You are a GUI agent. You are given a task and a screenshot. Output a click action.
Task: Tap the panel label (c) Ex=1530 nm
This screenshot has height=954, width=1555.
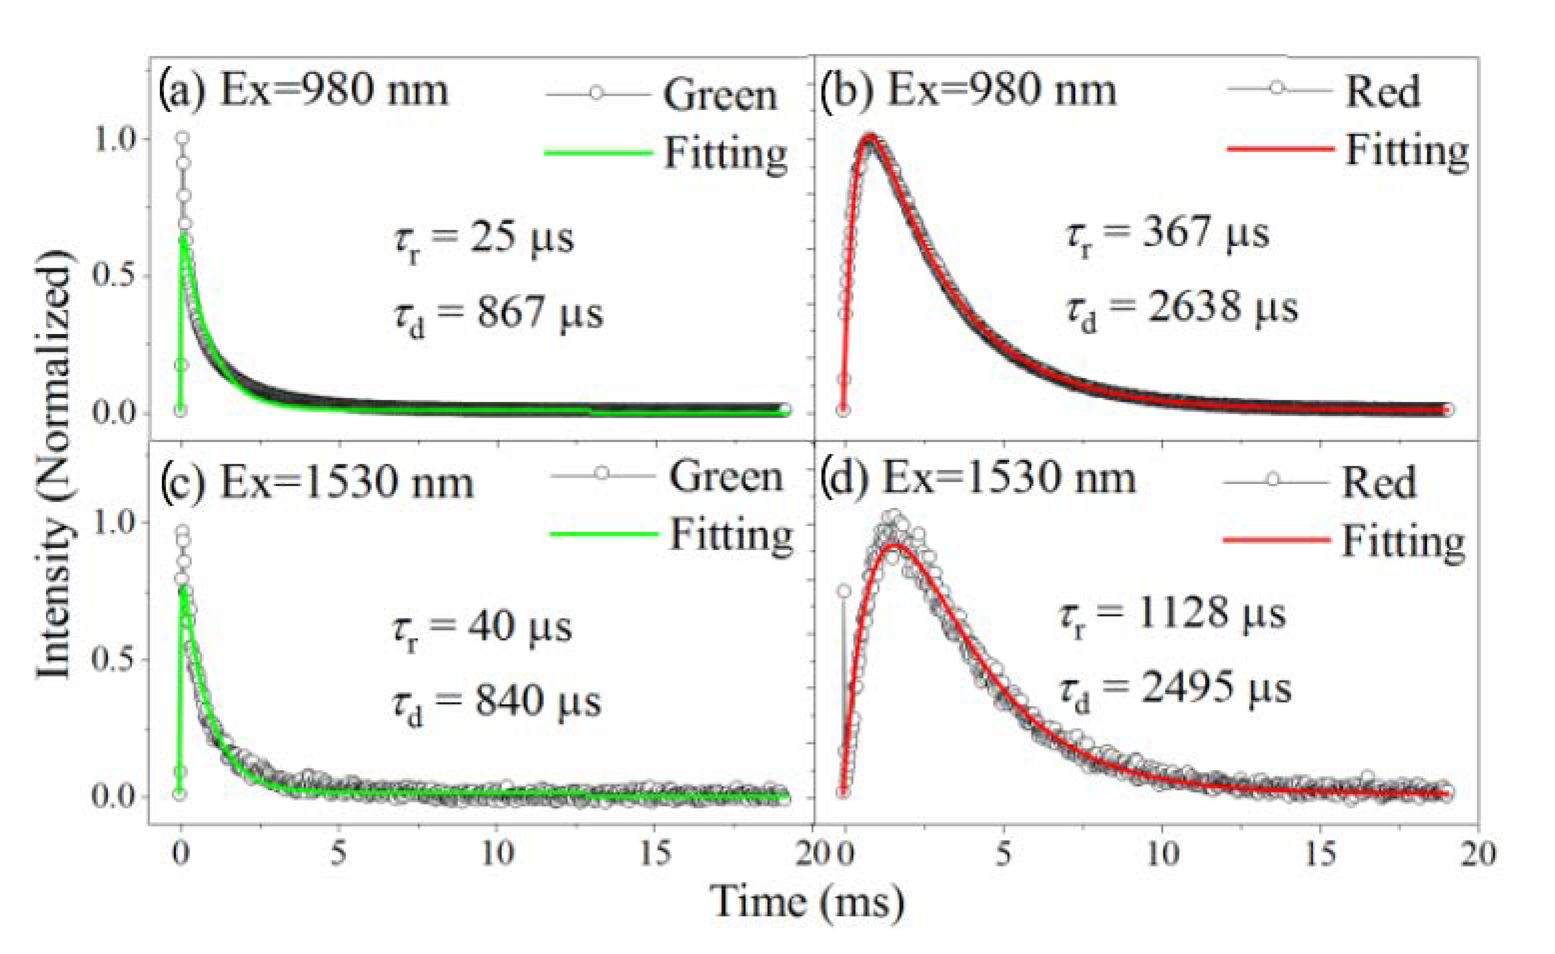(316, 483)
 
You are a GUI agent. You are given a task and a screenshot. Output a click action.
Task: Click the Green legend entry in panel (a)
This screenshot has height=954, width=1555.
(719, 96)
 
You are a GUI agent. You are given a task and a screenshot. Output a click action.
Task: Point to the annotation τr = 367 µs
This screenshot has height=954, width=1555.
(1168, 235)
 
